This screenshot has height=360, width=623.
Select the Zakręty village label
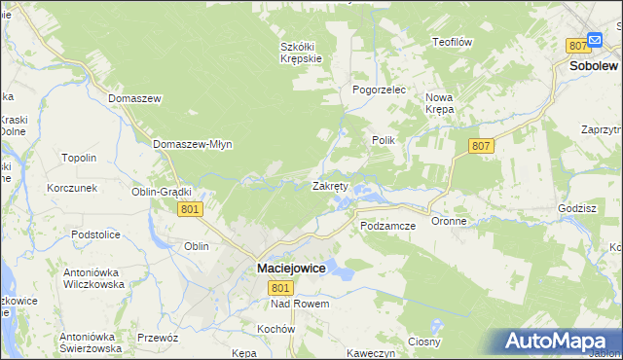tap(330, 186)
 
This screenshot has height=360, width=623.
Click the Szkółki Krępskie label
tap(301, 53)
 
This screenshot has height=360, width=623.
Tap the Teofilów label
tap(452, 42)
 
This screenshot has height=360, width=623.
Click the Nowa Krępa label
tap(439, 103)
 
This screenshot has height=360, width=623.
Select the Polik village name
tap(383, 140)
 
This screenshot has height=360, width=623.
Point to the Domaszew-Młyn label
tap(192, 144)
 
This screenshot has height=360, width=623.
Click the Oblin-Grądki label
tap(162, 192)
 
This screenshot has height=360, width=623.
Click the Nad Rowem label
tap(301, 304)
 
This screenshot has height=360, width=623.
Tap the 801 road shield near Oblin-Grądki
tap(191, 209)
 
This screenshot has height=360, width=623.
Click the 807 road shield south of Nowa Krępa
tap(479, 146)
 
